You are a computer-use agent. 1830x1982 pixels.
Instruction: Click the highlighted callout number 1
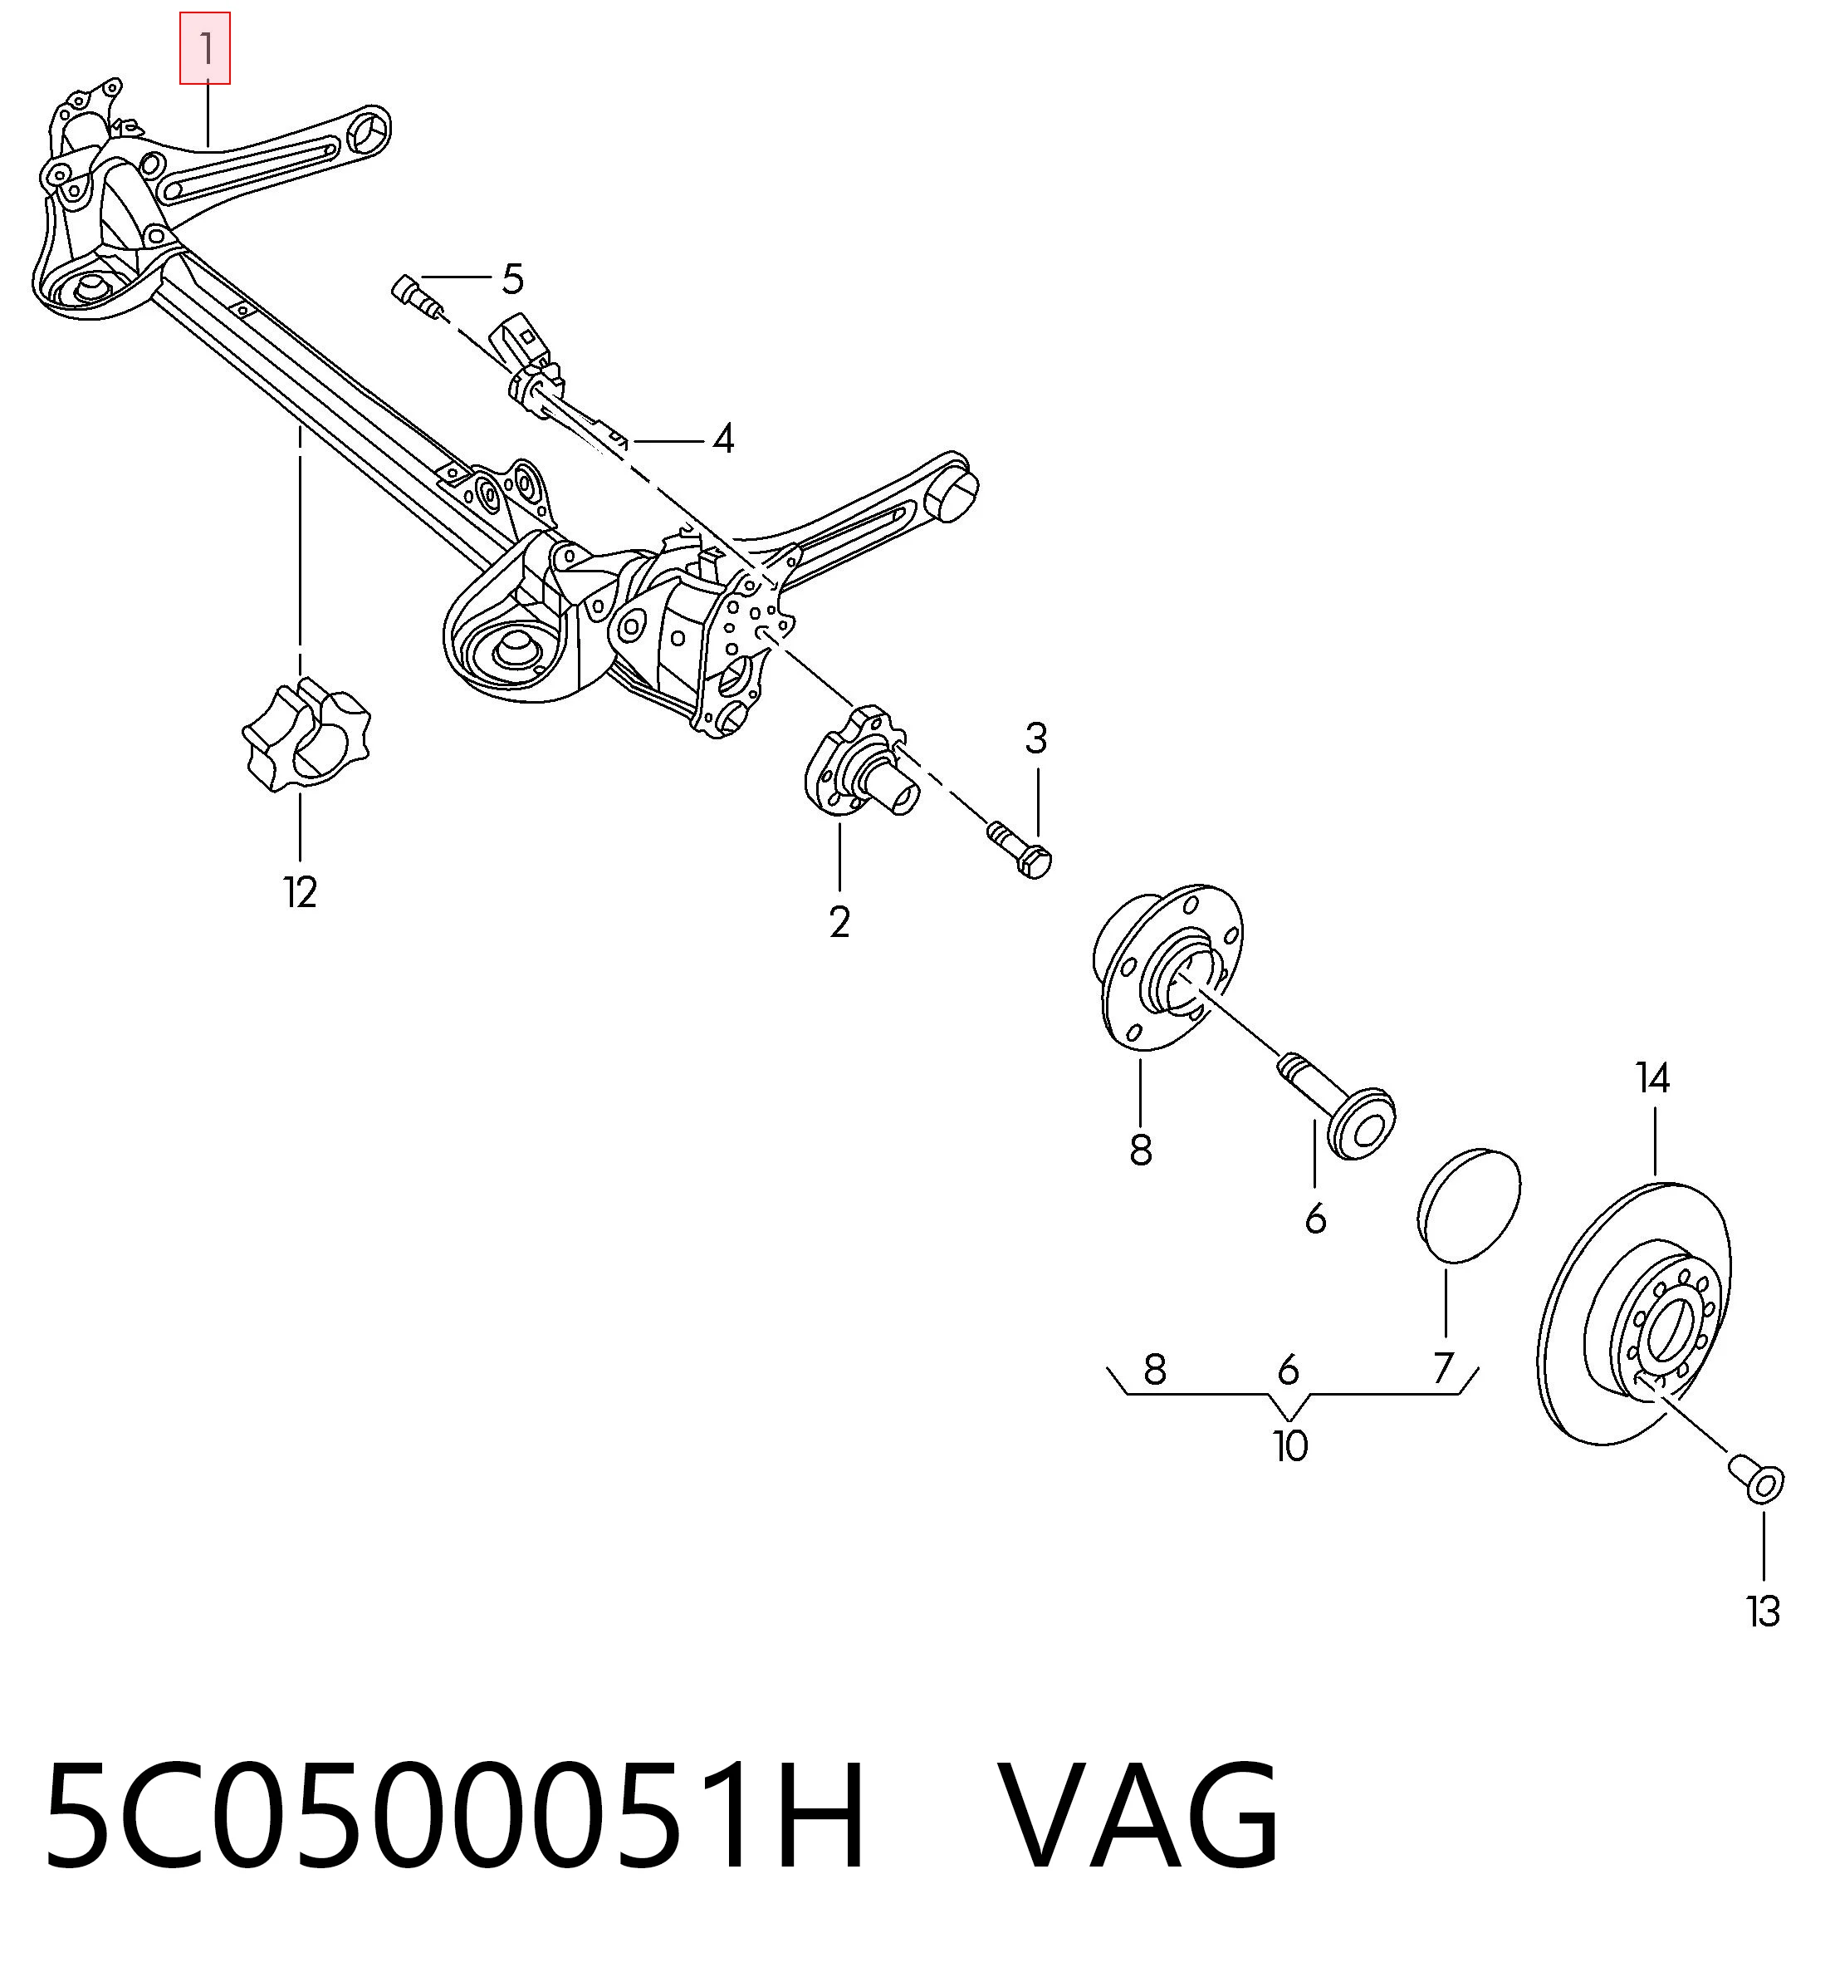pyautogui.click(x=205, y=48)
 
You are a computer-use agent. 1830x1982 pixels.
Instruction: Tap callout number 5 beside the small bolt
pyautogui.click(x=512, y=279)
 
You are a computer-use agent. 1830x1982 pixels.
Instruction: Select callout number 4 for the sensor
pyautogui.click(x=724, y=438)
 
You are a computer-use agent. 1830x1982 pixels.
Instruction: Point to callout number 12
pyautogui.click(x=300, y=892)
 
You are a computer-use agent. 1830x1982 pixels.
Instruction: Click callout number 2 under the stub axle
pyautogui.click(x=839, y=922)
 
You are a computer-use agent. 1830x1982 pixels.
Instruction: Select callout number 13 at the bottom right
pyautogui.click(x=1764, y=1612)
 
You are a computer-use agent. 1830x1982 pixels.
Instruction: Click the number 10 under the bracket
pyautogui.click(x=1290, y=1446)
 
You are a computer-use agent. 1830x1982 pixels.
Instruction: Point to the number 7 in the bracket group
pyautogui.click(x=1443, y=1368)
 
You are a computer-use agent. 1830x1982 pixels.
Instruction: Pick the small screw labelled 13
pyautogui.click(x=1757, y=1479)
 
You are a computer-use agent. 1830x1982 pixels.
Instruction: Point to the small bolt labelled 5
pyautogui.click(x=417, y=297)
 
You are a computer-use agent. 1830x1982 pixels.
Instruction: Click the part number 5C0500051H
pyautogui.click(x=456, y=1816)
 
